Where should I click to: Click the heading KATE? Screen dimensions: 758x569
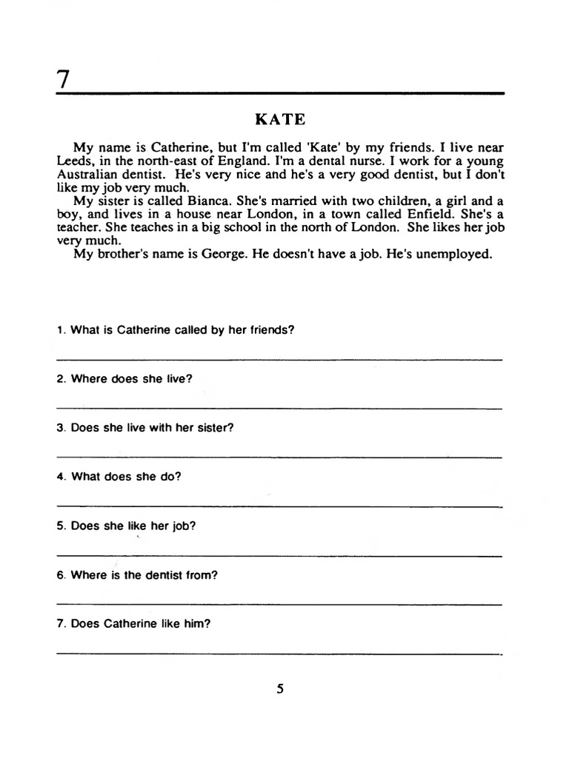click(x=280, y=118)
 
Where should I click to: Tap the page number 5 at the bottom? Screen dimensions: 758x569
click(x=280, y=689)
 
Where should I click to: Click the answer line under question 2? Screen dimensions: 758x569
click(x=279, y=408)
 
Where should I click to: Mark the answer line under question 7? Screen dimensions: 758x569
click(x=279, y=654)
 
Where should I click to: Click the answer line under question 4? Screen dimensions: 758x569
click(x=279, y=506)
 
